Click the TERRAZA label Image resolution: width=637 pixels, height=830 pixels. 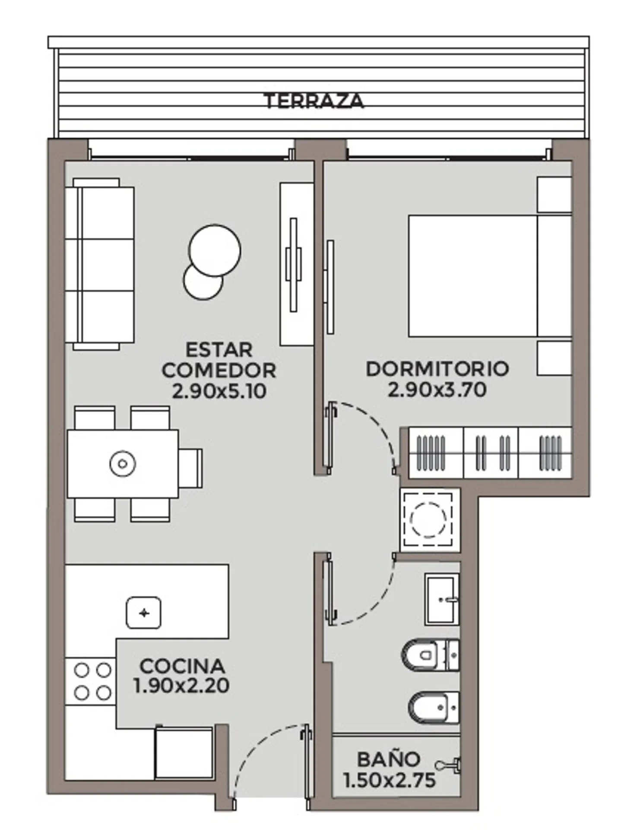tap(314, 101)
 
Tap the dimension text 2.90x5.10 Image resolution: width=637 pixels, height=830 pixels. tap(219, 391)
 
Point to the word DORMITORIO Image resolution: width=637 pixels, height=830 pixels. tap(437, 369)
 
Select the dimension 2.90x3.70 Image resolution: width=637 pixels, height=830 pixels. tap(437, 389)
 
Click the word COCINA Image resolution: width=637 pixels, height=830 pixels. tap(182, 666)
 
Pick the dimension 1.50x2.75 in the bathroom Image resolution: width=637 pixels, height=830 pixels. tap(390, 780)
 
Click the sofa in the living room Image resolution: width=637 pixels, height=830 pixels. tap(100, 264)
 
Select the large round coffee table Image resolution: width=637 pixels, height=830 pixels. tap(215, 250)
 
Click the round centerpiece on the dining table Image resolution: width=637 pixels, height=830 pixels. tap(123, 464)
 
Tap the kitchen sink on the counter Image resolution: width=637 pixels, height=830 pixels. tap(143, 613)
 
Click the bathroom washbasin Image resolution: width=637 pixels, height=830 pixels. tap(442, 600)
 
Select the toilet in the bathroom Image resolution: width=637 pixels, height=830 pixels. tap(430, 655)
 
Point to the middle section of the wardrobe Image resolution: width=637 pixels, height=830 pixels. tap(491, 453)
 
